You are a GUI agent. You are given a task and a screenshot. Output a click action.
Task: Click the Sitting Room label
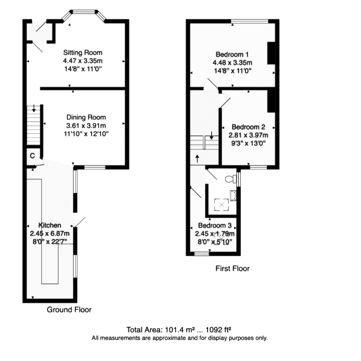tap(83, 53)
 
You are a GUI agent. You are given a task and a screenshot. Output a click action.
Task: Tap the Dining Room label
tap(86, 117)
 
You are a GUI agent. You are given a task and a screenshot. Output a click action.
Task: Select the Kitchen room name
tap(50, 225)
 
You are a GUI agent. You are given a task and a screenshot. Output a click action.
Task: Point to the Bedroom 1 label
tap(232, 55)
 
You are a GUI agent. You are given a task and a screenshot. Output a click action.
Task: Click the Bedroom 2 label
tap(249, 127)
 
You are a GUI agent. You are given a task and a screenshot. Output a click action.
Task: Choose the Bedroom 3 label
tap(215, 225)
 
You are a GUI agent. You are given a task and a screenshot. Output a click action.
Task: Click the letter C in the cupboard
tap(32, 156)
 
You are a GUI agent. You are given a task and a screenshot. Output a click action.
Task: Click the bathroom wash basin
tap(233, 196)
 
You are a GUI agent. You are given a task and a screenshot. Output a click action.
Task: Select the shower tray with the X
tap(221, 205)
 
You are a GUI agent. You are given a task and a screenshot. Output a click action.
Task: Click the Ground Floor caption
tap(69, 309)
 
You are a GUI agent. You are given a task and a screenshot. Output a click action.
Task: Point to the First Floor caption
tap(232, 269)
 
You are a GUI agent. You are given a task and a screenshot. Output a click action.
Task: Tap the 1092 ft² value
tap(218, 330)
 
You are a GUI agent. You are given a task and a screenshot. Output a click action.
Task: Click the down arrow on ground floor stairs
tap(34, 108)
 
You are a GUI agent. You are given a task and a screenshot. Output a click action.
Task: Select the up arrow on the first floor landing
tap(197, 159)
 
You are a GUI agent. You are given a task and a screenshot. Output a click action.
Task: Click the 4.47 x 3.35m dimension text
tap(83, 61)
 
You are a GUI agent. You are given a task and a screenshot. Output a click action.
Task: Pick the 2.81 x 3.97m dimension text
tap(249, 135)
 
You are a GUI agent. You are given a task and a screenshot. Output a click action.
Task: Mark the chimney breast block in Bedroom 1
tap(272, 53)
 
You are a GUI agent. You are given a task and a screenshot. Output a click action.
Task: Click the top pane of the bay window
tap(84, 11)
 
